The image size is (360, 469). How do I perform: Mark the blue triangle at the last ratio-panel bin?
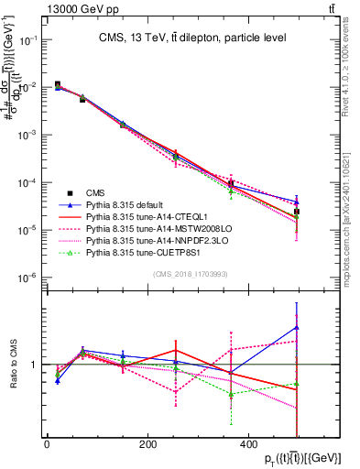coord(297,327)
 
